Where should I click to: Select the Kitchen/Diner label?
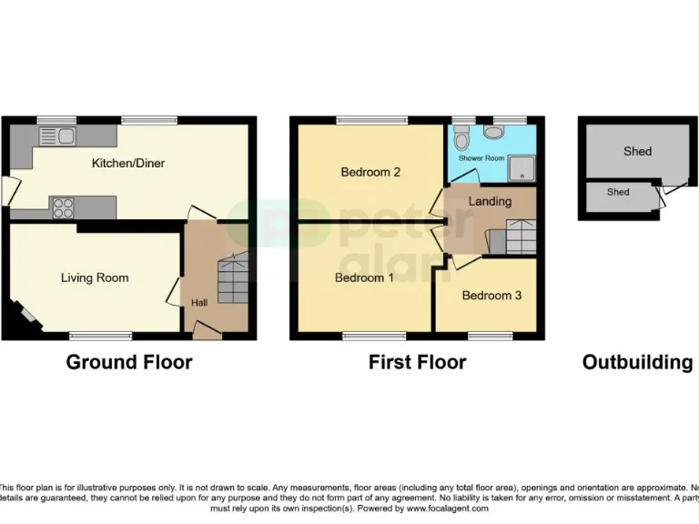[x=128, y=164]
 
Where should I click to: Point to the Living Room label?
[x=95, y=277]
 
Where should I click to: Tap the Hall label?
[x=198, y=302]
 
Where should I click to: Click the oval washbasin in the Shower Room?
[x=494, y=133]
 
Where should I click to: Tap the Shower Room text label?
[x=481, y=157]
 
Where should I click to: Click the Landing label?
[x=490, y=201]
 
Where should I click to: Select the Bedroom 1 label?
[x=364, y=277]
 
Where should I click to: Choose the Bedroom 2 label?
[x=370, y=172]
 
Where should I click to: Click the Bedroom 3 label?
[x=491, y=296]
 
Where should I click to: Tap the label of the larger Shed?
[x=637, y=151]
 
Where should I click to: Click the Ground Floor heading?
[x=128, y=362]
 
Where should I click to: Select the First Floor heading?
[x=417, y=362]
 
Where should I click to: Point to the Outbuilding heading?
[x=637, y=362]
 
